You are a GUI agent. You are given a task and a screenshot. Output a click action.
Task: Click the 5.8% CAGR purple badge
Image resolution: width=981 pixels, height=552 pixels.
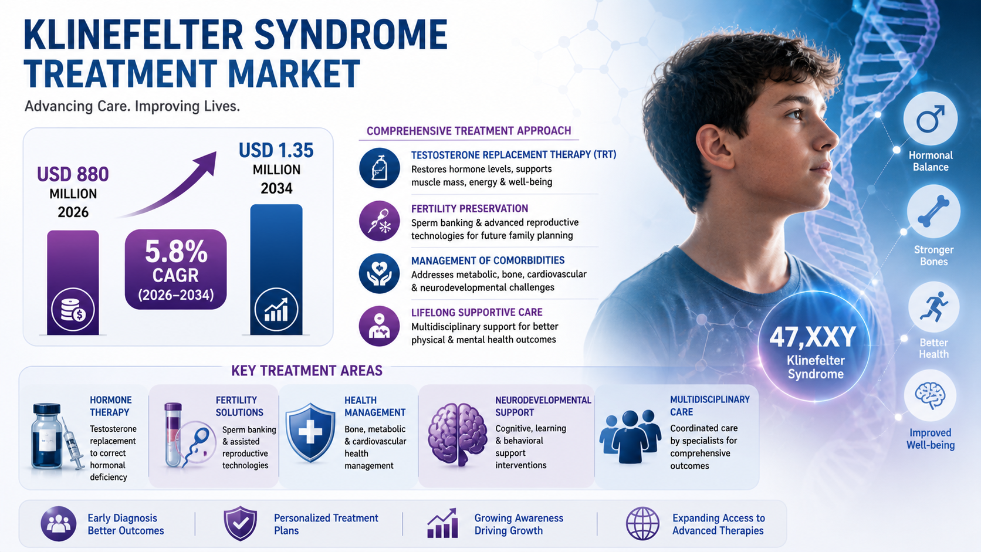175,269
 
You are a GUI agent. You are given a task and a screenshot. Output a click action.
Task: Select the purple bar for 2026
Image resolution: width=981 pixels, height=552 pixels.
73,282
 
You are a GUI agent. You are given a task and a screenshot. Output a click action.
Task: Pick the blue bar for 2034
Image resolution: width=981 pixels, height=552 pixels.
276,269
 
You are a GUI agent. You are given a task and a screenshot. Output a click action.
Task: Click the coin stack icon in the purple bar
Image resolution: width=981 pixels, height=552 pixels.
73,310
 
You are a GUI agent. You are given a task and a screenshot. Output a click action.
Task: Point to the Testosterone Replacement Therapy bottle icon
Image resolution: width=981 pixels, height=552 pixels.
379,168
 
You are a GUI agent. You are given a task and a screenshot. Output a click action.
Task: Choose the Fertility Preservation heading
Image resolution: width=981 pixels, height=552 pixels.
469,208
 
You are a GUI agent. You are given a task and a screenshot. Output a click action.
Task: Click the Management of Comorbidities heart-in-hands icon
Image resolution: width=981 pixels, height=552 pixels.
379,273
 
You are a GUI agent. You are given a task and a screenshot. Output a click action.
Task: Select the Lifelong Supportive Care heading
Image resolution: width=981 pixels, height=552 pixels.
476,312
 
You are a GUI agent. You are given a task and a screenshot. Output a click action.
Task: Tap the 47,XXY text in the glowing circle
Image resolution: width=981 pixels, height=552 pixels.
813,337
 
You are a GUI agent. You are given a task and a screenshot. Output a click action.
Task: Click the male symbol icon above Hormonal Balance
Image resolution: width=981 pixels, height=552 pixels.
930,119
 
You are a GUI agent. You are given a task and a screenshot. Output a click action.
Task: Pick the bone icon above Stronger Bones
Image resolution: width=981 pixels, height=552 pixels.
933,212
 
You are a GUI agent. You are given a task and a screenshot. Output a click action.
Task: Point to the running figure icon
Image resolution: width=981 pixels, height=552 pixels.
933,307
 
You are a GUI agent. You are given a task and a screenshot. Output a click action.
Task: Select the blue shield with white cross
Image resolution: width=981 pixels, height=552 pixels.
310,432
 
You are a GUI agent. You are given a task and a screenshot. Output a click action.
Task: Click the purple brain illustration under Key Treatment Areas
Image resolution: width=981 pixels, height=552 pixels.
458,434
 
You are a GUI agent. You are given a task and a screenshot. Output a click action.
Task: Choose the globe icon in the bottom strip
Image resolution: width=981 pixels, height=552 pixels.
642,523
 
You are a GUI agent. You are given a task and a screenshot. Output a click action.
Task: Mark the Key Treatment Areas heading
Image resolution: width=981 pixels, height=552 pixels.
306,371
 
